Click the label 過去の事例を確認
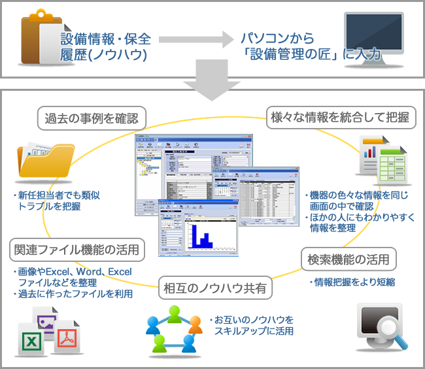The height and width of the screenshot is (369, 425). [91, 119]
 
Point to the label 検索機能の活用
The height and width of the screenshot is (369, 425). [348, 259]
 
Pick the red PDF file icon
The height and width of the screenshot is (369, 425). [68, 339]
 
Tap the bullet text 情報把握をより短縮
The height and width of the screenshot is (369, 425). [351, 282]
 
